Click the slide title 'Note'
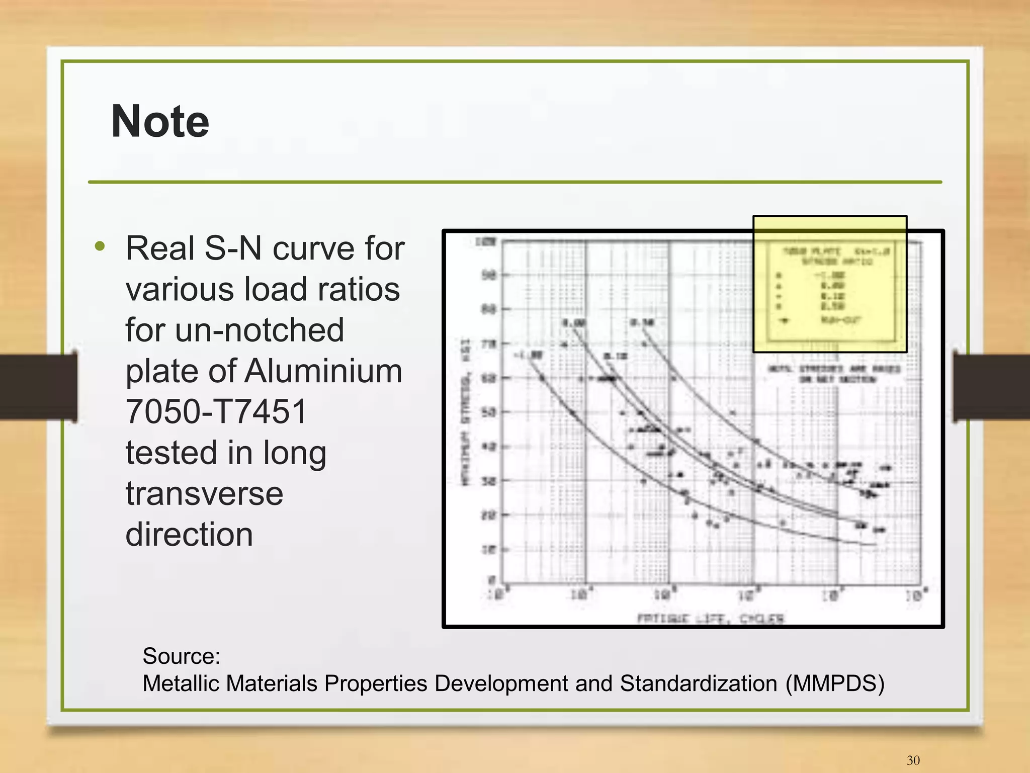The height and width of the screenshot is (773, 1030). pyautogui.click(x=160, y=122)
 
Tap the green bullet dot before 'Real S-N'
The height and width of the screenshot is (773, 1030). pyautogui.click(x=100, y=246)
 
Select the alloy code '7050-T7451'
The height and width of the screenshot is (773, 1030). pyautogui.click(x=216, y=412)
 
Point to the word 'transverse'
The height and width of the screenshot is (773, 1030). pyautogui.click(x=204, y=493)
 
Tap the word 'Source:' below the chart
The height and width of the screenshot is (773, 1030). pyautogui.click(x=182, y=656)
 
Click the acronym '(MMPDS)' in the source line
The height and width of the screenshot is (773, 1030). pyautogui.click(x=834, y=683)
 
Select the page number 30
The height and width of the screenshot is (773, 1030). pyautogui.click(x=913, y=760)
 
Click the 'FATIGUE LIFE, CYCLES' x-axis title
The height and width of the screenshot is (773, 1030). pyautogui.click(x=710, y=618)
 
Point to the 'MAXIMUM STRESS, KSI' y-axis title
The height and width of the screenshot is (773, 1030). pyautogui.click(x=466, y=412)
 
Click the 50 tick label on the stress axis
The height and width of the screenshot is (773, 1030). pyautogui.click(x=489, y=412)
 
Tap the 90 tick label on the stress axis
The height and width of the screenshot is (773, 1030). pyautogui.click(x=489, y=275)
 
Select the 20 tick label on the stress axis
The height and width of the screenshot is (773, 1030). pyautogui.click(x=489, y=515)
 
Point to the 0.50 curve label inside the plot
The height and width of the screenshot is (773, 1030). pyautogui.click(x=642, y=322)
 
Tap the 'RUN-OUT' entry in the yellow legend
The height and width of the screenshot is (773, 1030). pyautogui.click(x=841, y=320)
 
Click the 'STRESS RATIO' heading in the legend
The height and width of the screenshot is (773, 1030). pyautogui.click(x=837, y=262)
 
